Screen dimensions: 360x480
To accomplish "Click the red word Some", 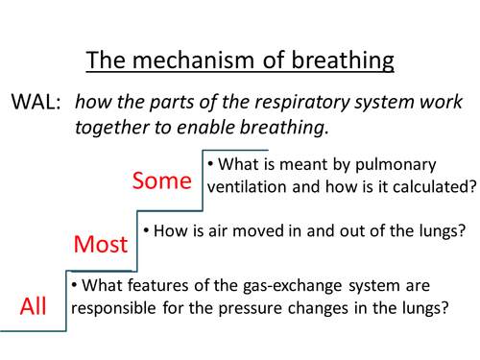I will (163, 180).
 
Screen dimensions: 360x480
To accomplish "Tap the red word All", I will (35, 306).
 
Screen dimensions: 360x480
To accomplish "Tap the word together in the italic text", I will (113, 128).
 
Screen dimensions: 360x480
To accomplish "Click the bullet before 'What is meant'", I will (212, 164).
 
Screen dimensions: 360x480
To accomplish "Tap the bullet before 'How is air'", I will (146, 231).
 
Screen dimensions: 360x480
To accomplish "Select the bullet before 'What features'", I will (75, 285).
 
